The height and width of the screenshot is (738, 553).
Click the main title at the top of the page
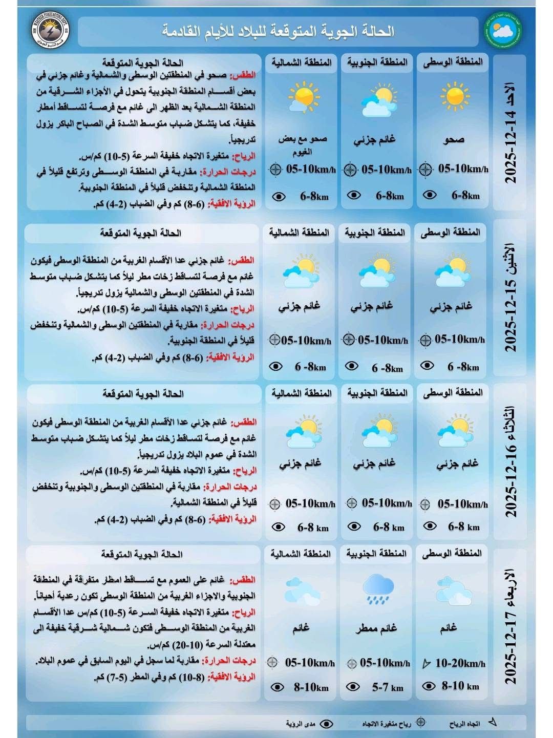pos(279,31)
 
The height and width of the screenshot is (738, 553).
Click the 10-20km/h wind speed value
pos(460,663)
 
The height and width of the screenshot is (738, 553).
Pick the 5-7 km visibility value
pos(388,687)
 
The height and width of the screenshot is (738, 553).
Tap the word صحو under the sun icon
pos(453,139)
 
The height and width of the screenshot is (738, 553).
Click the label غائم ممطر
pos(377,628)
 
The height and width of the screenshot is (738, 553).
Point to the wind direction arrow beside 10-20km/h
pos(426,664)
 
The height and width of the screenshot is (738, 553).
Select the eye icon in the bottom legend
pos(326,723)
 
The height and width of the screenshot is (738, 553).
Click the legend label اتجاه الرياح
pos(464,723)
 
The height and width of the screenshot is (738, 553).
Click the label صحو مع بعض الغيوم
pos(303,144)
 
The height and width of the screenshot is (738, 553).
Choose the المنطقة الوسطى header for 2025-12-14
pos(453,62)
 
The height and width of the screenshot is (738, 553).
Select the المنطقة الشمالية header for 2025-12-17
pos(301,554)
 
